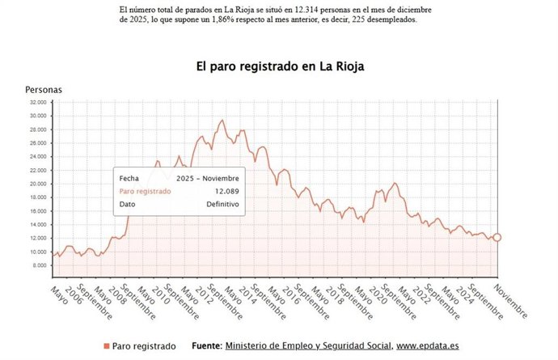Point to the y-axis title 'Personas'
(44, 89)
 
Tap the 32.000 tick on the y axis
(37, 103)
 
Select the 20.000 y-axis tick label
(37, 184)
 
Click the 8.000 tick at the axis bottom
(39, 265)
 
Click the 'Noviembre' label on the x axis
(510, 299)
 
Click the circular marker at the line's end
(497, 237)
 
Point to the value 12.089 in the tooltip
(226, 192)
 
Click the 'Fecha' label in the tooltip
(129, 178)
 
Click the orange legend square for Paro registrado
(106, 346)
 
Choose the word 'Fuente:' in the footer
(207, 346)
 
